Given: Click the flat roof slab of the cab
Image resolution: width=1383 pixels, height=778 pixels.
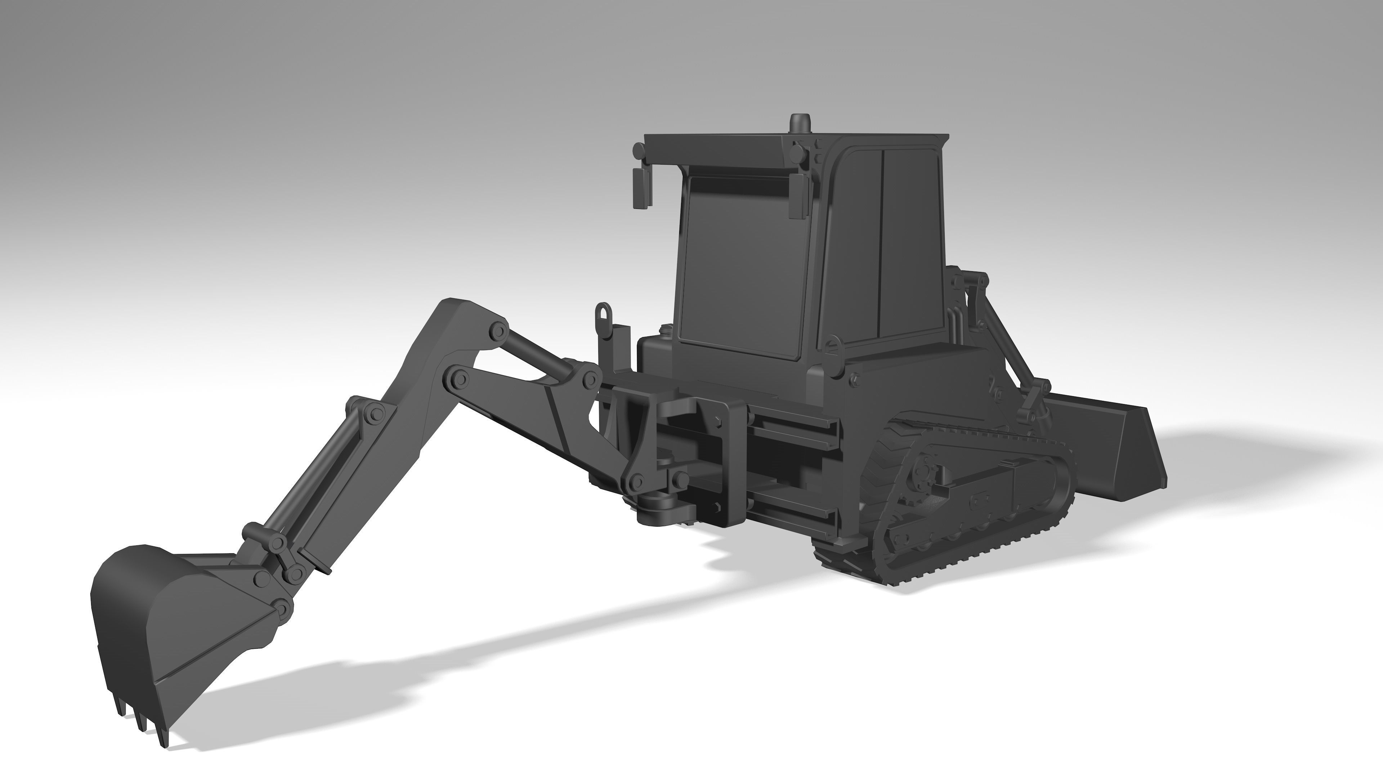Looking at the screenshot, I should (795, 141).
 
